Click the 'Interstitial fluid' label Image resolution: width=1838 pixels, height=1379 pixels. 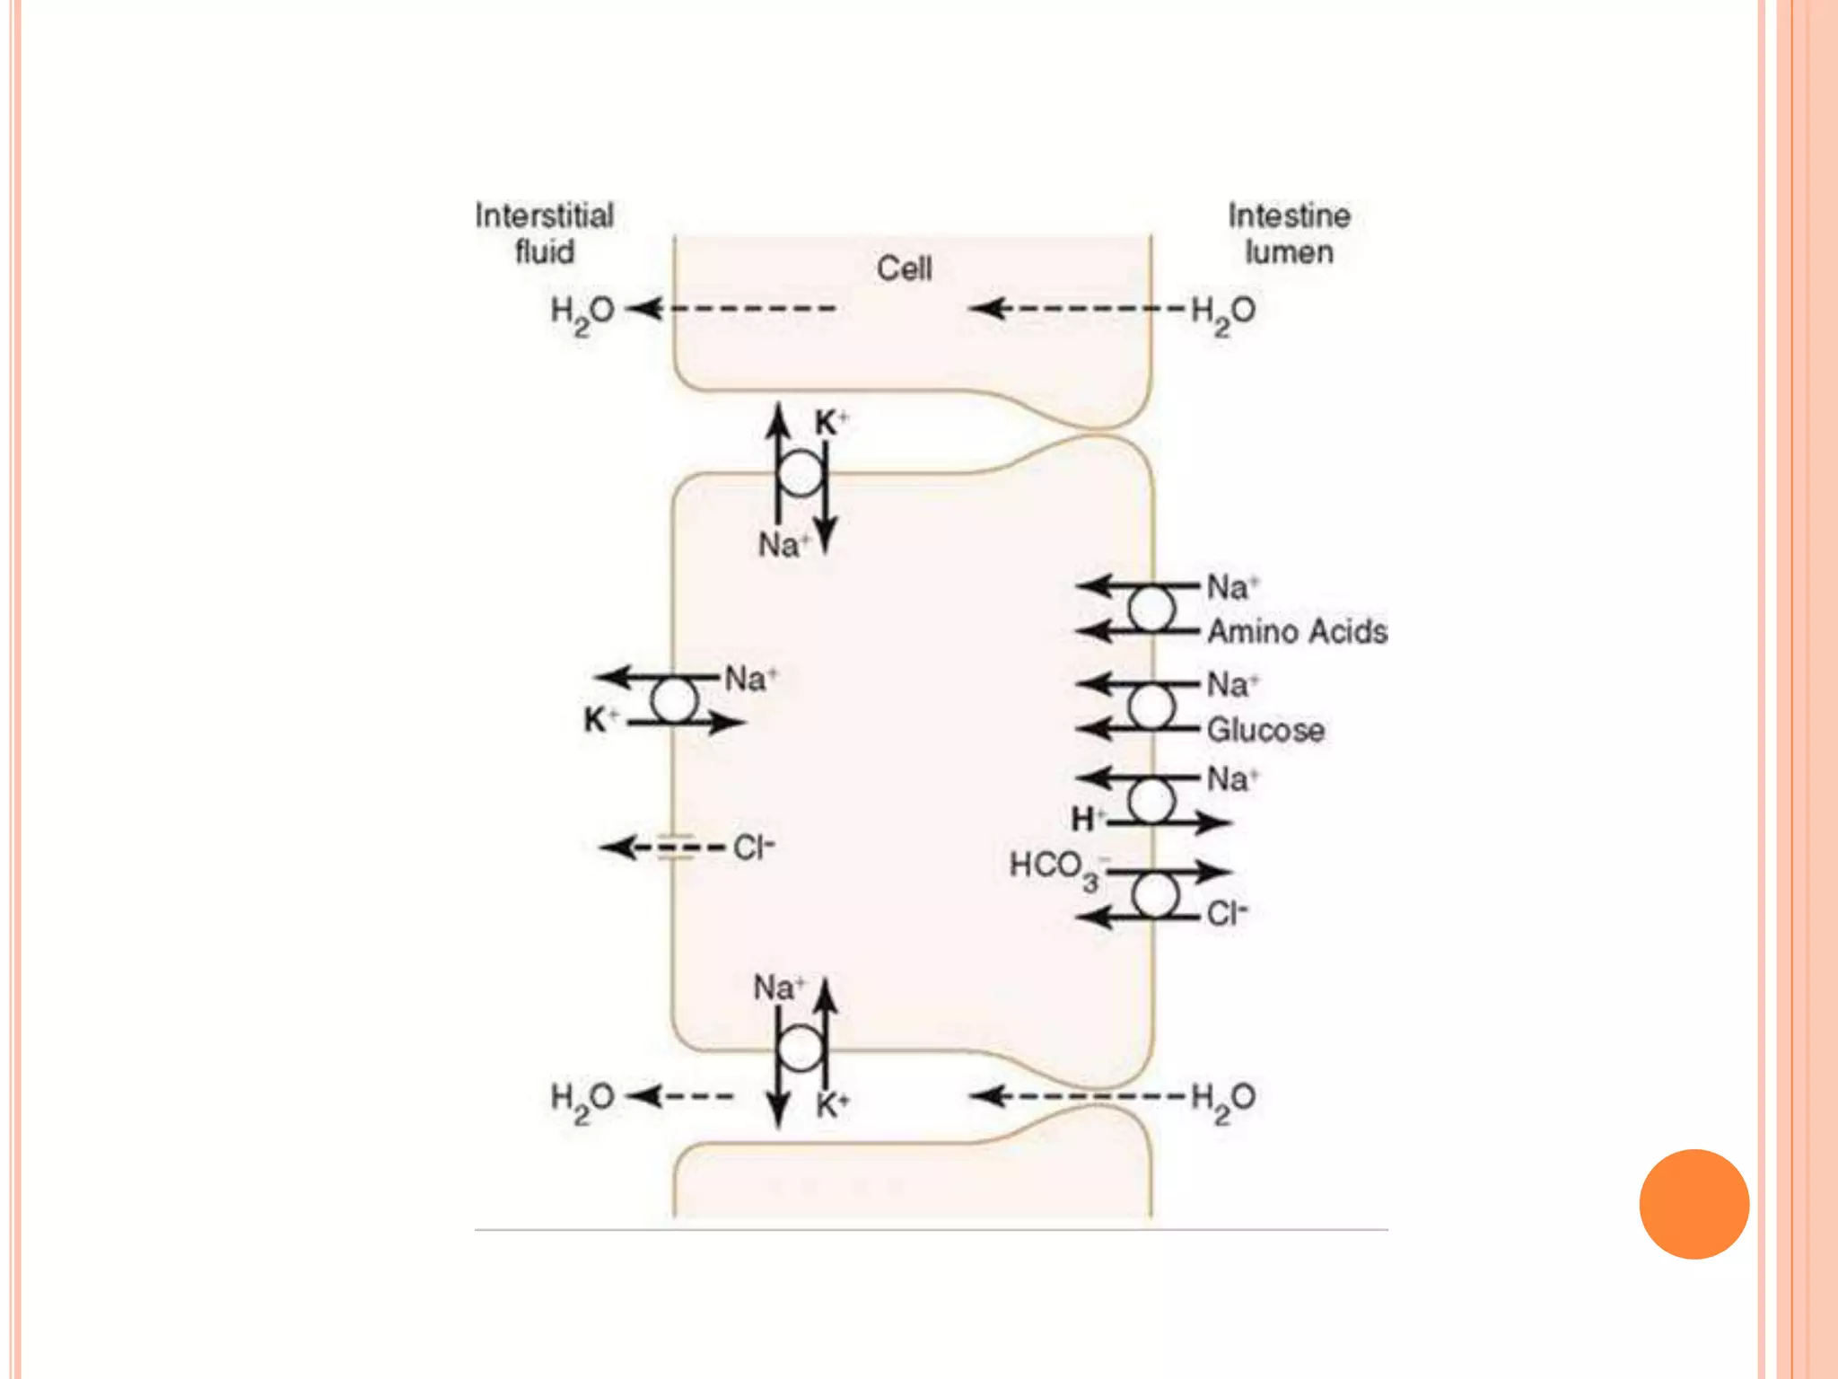click(x=544, y=233)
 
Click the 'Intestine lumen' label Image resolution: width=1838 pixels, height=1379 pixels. click(x=1289, y=233)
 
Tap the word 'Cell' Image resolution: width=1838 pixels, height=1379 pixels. click(x=904, y=268)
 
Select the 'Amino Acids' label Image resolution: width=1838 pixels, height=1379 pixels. click(x=1297, y=632)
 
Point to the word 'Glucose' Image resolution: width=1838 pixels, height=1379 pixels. click(x=1265, y=730)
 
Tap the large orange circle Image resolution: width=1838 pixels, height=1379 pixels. click(x=1694, y=1204)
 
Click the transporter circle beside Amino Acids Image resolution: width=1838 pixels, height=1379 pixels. click(x=1151, y=610)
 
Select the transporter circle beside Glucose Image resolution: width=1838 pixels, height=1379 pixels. click(x=1151, y=707)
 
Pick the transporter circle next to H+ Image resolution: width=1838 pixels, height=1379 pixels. click(x=1151, y=801)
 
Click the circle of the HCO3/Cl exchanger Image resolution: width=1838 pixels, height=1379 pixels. click(x=1155, y=894)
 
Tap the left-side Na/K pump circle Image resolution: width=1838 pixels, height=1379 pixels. click(x=674, y=701)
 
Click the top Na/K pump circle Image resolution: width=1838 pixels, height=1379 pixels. click(x=801, y=473)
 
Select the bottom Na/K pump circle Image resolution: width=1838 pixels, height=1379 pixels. click(x=801, y=1048)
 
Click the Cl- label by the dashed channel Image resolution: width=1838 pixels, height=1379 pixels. click(x=753, y=848)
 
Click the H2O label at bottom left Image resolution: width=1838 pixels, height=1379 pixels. click(x=582, y=1101)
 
